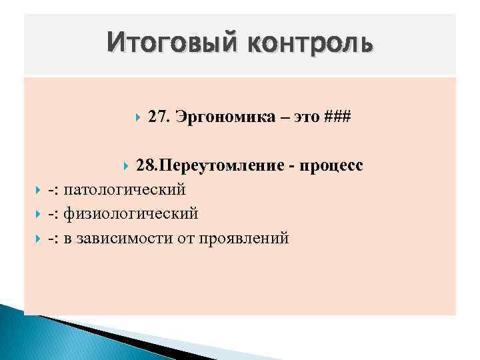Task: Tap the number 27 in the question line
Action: pyautogui.click(x=158, y=117)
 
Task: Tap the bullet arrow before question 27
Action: pyautogui.click(x=137, y=118)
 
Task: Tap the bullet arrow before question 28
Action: pyautogui.click(x=126, y=167)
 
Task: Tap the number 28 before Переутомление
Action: pyautogui.click(x=145, y=166)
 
